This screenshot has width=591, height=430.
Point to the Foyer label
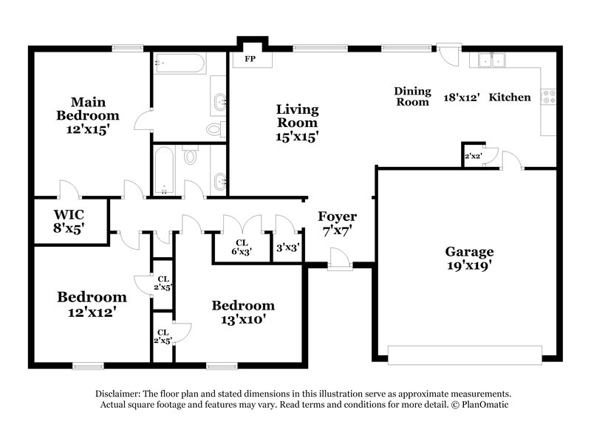click(337, 216)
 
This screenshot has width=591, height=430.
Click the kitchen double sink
click(490, 60)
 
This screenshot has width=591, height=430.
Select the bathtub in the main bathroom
click(179, 64)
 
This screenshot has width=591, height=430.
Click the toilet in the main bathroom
click(214, 130)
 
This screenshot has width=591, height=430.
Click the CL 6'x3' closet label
click(241, 246)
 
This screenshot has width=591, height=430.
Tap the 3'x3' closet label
click(287, 248)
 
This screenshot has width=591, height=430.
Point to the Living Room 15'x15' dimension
click(297, 137)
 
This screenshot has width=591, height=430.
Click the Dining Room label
click(411, 97)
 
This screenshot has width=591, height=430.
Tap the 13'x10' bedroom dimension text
click(243, 320)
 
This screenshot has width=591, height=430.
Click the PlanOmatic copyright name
click(481, 405)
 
